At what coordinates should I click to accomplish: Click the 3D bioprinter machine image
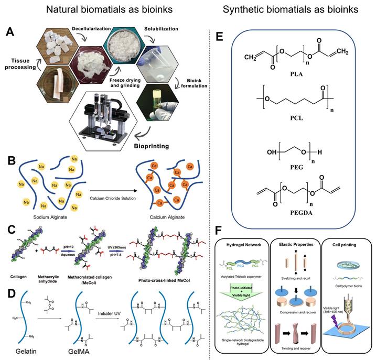click(x=105, y=116)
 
